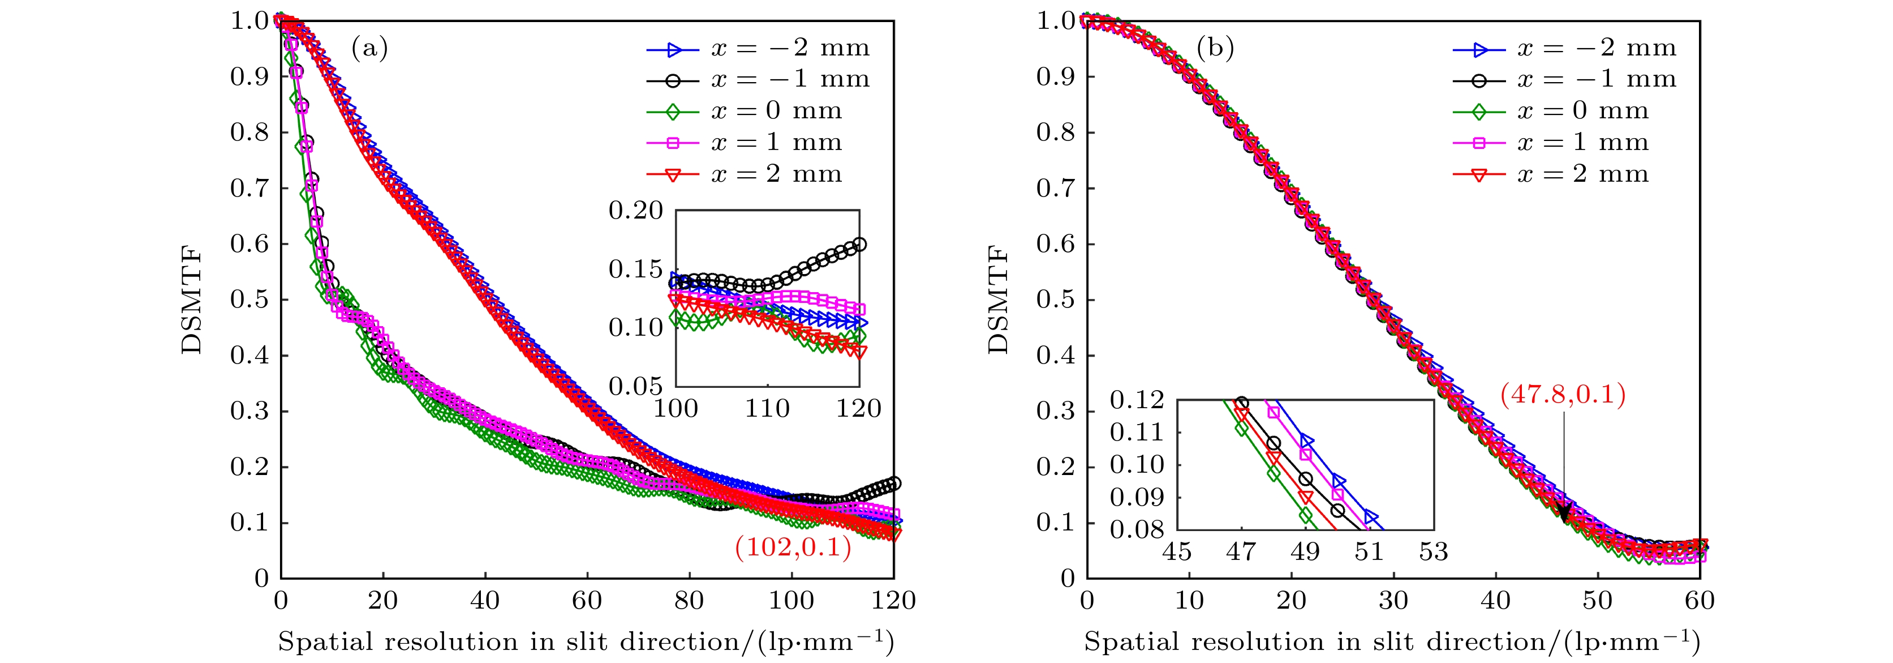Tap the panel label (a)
[x=369, y=49]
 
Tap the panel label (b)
[x=1215, y=49]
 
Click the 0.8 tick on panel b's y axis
[x=1056, y=132]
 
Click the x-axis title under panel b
[x=1392, y=641]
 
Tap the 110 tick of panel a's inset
[x=767, y=408]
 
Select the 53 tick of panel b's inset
[x=1433, y=551]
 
